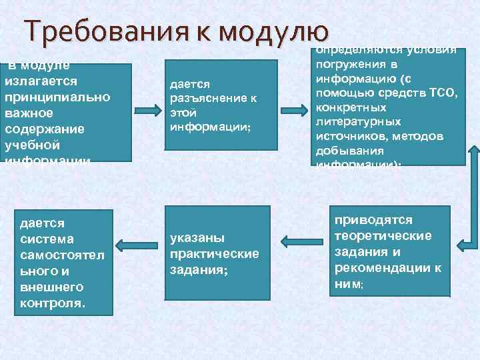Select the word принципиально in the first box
(57, 97)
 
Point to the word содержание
(44, 129)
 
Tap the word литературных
(358, 122)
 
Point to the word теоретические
(383, 235)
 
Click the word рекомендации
(380, 268)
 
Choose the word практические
(214, 254)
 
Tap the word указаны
(197, 238)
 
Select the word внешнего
(51, 287)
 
